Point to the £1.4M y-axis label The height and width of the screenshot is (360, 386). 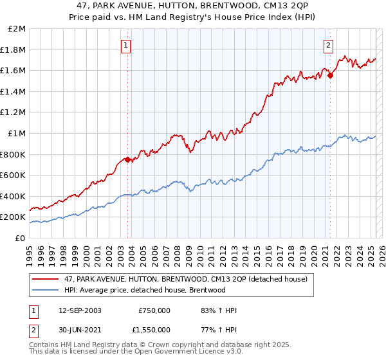click(x=14, y=91)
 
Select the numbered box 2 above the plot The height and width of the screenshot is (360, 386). click(x=329, y=45)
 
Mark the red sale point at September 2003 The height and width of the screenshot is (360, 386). click(x=128, y=159)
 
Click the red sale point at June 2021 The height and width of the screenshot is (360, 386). click(x=331, y=75)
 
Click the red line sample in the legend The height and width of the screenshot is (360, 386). click(x=45, y=279)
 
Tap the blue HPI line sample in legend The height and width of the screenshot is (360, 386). click(x=45, y=290)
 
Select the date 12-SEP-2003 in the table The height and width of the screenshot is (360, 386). click(x=80, y=310)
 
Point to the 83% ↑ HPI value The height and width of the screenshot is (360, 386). click(x=214, y=310)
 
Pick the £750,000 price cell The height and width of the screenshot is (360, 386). click(x=154, y=310)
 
